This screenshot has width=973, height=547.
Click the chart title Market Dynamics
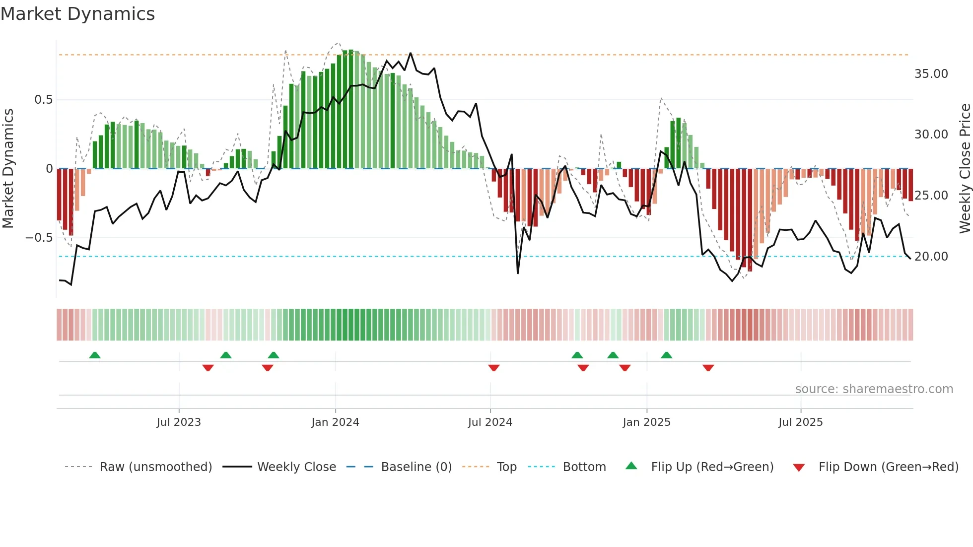coord(77,14)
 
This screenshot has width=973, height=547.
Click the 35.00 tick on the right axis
coord(931,74)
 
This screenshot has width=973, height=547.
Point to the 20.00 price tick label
coord(931,257)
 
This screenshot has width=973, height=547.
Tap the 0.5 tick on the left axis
coord(43,100)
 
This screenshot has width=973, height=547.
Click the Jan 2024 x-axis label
coord(335,422)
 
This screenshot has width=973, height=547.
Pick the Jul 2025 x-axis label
coord(800,422)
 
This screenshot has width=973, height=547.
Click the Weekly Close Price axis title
coord(965,168)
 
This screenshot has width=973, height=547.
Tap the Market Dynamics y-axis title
coord(8,168)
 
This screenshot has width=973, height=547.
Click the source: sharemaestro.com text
coord(874,389)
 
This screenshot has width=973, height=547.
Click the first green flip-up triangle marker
coord(95,355)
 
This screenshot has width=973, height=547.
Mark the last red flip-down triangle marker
coord(708,368)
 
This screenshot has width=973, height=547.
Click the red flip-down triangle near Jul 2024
coord(493,368)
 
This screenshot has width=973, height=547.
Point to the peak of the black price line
coord(411,53)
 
